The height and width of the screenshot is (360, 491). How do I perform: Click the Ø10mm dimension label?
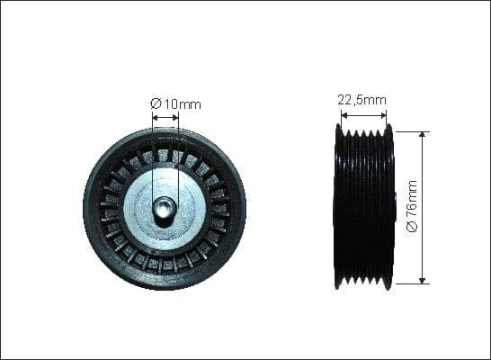click(175, 104)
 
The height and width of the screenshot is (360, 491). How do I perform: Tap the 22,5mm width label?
click(363, 100)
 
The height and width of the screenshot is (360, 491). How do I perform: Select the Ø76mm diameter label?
click(413, 206)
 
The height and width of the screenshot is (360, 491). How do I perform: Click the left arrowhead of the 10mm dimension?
click(155, 116)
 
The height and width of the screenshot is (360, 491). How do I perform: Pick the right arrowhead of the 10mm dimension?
click(175, 116)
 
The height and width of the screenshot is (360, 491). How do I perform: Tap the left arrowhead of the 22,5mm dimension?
click(342, 114)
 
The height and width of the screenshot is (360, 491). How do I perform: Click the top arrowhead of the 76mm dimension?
click(423, 134)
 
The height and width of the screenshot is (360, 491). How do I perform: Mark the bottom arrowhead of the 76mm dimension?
click(423, 280)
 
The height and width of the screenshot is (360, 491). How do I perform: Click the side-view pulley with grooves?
click(363, 207)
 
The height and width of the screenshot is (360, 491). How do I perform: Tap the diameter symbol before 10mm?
click(155, 104)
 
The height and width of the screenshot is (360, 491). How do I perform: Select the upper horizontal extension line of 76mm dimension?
click(409, 130)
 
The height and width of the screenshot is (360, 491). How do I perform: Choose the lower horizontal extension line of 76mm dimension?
click(409, 283)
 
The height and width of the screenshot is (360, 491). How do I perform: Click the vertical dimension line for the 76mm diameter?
click(423, 171)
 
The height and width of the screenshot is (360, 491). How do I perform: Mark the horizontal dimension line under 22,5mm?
click(363, 114)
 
